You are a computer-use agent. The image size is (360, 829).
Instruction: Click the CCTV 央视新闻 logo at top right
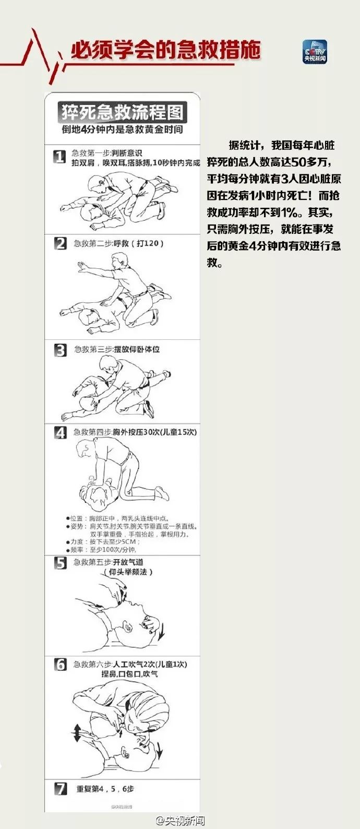pos(315,52)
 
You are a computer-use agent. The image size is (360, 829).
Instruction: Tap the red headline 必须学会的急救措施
pos(165,51)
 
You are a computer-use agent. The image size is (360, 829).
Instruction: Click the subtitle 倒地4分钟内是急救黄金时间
pos(122,129)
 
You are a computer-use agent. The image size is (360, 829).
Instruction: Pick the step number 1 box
pos(61,156)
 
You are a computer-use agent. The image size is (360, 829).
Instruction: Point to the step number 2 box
pos(61,243)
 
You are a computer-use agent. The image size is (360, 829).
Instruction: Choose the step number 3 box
pos(61,350)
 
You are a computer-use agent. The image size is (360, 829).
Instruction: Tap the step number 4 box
pos(61,433)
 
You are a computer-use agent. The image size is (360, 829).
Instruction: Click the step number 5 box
pos(61,563)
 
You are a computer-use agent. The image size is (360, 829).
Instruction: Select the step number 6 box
pos(61,665)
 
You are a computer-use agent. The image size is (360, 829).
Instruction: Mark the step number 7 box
pos(61,789)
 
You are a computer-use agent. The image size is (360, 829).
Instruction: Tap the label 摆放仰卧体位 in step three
pos(137,349)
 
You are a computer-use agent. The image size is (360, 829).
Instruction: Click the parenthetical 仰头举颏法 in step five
pos(128,572)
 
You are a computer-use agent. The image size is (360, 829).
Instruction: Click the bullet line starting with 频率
pos(102,550)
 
